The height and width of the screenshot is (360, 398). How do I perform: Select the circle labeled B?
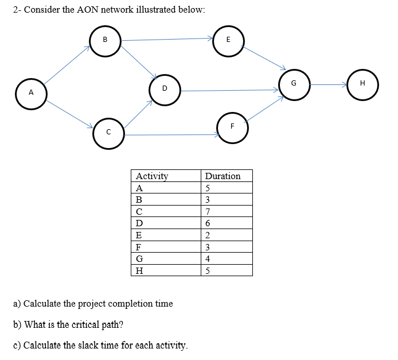pyautogui.click(x=104, y=41)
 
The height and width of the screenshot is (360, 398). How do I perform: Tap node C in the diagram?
pyautogui.click(x=108, y=133)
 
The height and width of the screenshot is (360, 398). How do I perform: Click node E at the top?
pyautogui.click(x=228, y=41)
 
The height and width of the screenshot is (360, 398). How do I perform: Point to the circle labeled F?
pyautogui.click(x=232, y=126)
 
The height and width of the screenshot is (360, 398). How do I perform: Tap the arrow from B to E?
pyautogui.click(x=166, y=40)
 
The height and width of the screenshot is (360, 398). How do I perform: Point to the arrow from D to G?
pyautogui.click(x=229, y=90)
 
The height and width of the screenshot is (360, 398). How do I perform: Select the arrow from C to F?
pyautogui.click(x=172, y=135)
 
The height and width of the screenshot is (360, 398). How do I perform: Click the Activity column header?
pyautogui.click(x=152, y=176)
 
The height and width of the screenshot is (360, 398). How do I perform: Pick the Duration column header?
pyautogui.click(x=223, y=176)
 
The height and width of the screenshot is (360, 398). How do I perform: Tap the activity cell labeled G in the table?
pyautogui.click(x=139, y=259)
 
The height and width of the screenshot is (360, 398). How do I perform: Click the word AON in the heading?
pyautogui.click(x=85, y=10)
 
